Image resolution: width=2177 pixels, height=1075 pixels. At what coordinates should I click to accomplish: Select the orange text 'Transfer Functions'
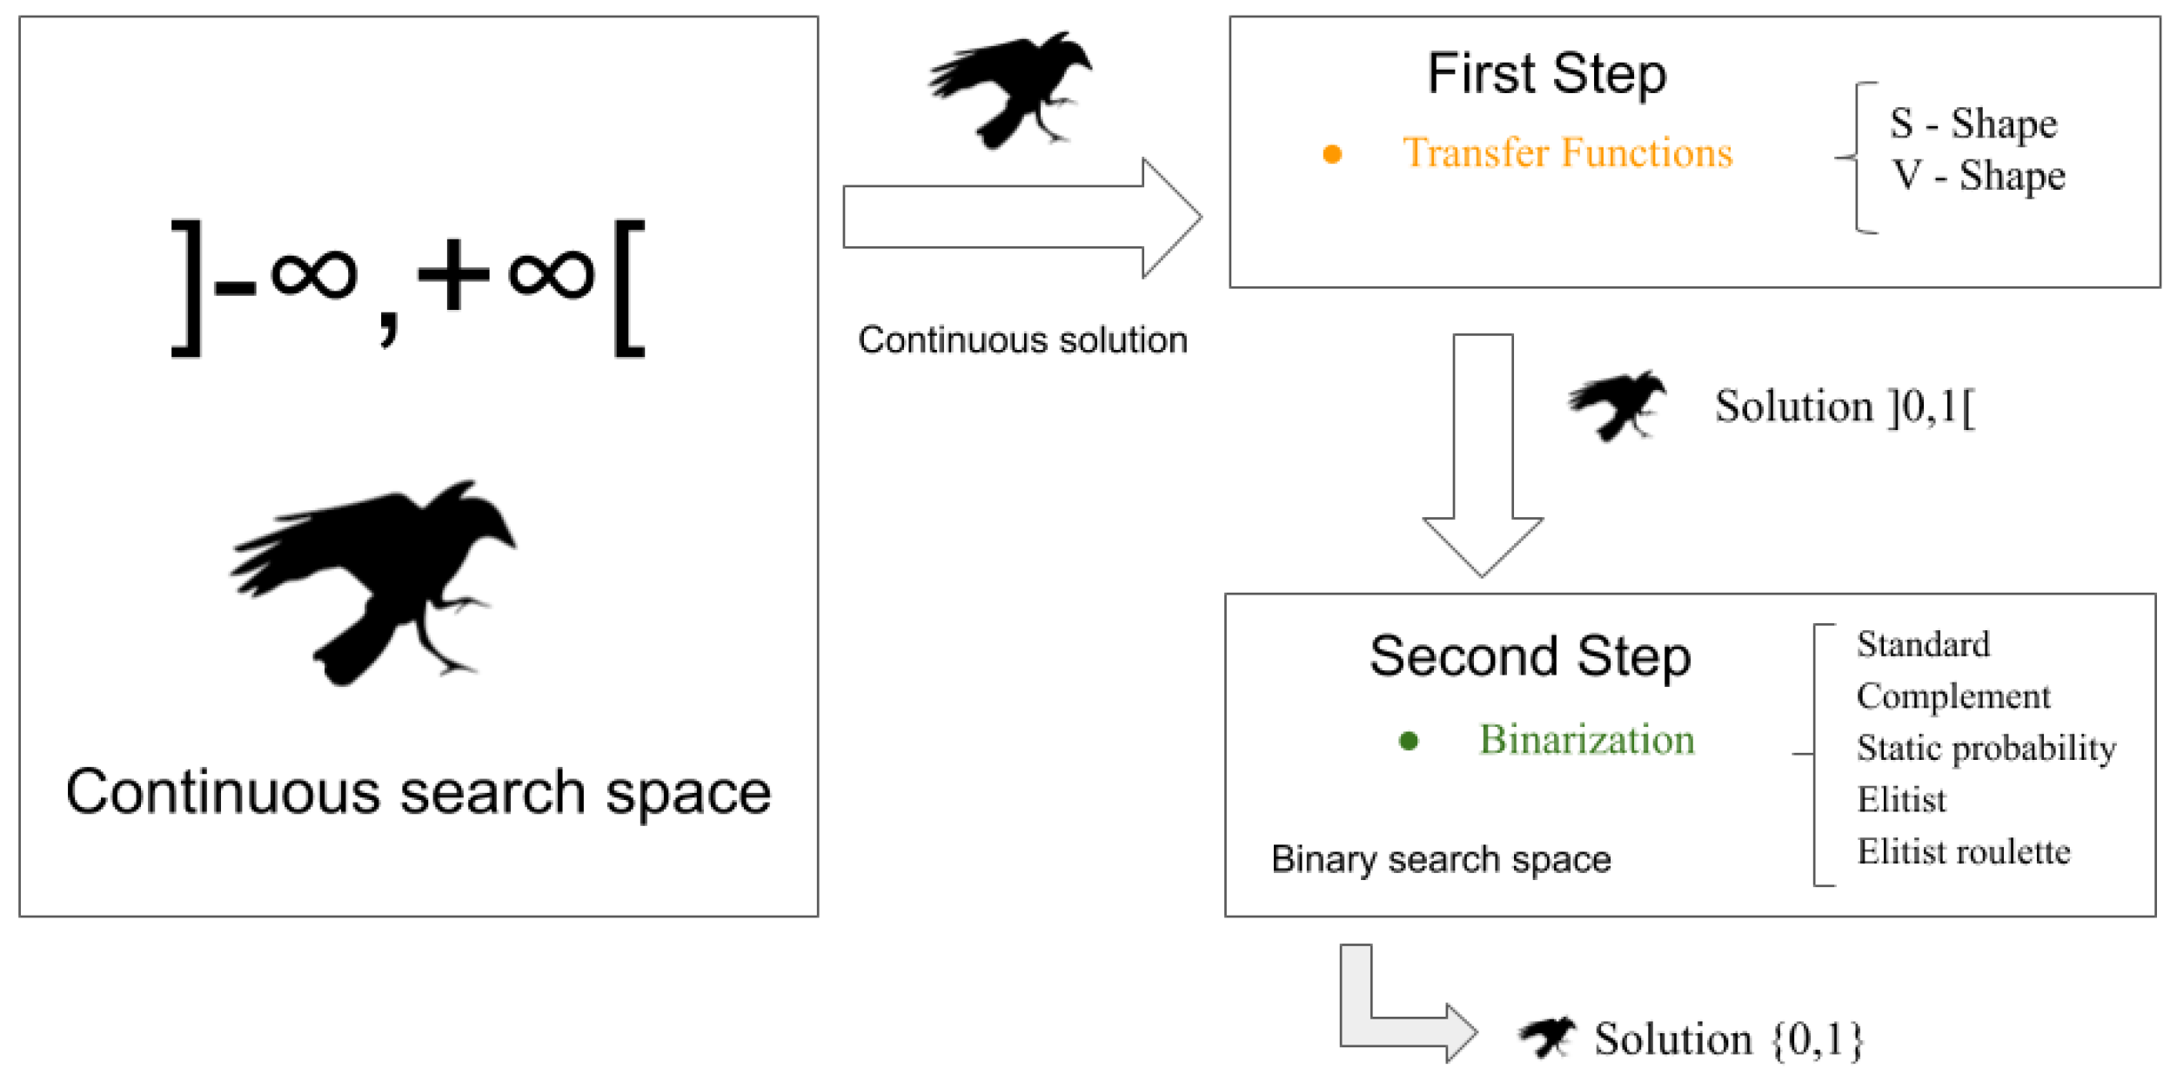click(1567, 153)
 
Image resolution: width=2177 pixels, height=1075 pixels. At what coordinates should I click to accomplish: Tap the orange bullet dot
click(1331, 154)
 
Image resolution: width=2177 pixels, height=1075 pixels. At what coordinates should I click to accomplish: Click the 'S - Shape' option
click(1973, 124)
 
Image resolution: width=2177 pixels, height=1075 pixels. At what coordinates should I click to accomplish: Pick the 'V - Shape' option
click(1978, 176)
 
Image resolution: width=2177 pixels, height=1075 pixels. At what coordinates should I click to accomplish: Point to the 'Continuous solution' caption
click(1022, 339)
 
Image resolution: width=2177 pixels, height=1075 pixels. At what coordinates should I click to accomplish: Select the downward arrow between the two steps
click(1483, 453)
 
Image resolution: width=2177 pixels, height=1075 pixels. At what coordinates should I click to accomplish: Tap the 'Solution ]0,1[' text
click(1844, 406)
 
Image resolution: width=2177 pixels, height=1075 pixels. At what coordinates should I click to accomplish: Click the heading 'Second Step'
click(1530, 656)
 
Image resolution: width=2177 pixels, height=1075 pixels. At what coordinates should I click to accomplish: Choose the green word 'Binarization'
click(1586, 740)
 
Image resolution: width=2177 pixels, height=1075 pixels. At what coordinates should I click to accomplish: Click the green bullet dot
click(1408, 741)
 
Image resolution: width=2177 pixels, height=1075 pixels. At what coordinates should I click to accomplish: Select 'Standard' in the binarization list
click(1923, 645)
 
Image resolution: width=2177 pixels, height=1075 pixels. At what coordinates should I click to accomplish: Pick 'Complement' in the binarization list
click(1953, 696)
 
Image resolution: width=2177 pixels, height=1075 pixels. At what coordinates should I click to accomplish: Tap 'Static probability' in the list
click(1986, 749)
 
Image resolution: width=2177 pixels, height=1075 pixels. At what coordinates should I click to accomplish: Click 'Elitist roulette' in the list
click(1963, 851)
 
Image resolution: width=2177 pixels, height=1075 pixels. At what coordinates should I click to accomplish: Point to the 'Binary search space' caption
click(1441, 859)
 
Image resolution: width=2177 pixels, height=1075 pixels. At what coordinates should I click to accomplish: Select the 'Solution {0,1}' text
click(1728, 1039)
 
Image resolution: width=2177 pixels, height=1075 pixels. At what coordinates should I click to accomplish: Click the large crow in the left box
click(374, 579)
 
